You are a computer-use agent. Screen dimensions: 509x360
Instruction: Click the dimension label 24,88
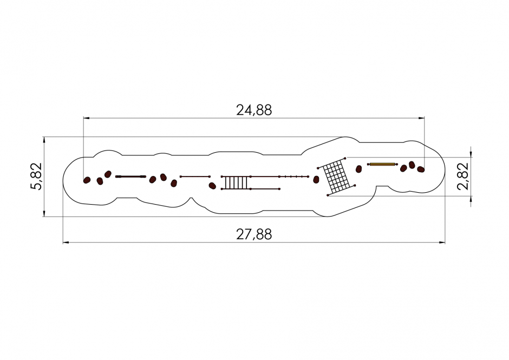pyautogui.click(x=254, y=110)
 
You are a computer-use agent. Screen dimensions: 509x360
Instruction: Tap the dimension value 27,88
pyautogui.click(x=254, y=234)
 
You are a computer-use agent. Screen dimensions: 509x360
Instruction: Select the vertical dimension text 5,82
pyautogui.click(x=36, y=176)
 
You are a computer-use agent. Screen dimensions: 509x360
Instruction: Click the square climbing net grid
pyautogui.click(x=337, y=177)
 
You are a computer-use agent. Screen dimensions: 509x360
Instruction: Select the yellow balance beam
pyautogui.click(x=382, y=164)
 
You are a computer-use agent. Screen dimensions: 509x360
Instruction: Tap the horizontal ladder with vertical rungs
pyautogui.click(x=236, y=182)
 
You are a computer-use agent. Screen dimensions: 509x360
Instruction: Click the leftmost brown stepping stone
pyautogui.click(x=87, y=180)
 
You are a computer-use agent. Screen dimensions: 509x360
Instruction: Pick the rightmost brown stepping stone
pyautogui.click(x=421, y=169)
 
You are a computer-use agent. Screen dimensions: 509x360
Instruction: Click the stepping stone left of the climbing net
pyautogui.click(x=316, y=180)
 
